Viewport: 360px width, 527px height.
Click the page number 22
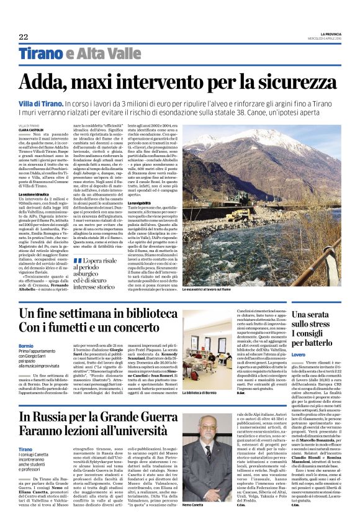click(23, 36)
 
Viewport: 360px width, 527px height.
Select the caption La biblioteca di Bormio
click(199, 392)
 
